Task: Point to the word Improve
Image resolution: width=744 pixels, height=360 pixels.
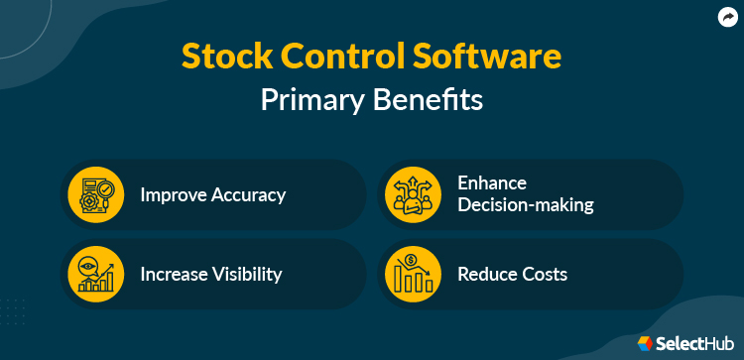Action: [171, 194]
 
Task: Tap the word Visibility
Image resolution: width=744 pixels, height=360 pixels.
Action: [245, 274]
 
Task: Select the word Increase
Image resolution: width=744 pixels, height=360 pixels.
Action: [173, 274]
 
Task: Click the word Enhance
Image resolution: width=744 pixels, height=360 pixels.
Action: [491, 183]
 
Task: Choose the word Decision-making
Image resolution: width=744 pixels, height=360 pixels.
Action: [525, 205]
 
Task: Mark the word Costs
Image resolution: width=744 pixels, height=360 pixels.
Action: [545, 274]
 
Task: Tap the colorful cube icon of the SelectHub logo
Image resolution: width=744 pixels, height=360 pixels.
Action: [646, 343]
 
